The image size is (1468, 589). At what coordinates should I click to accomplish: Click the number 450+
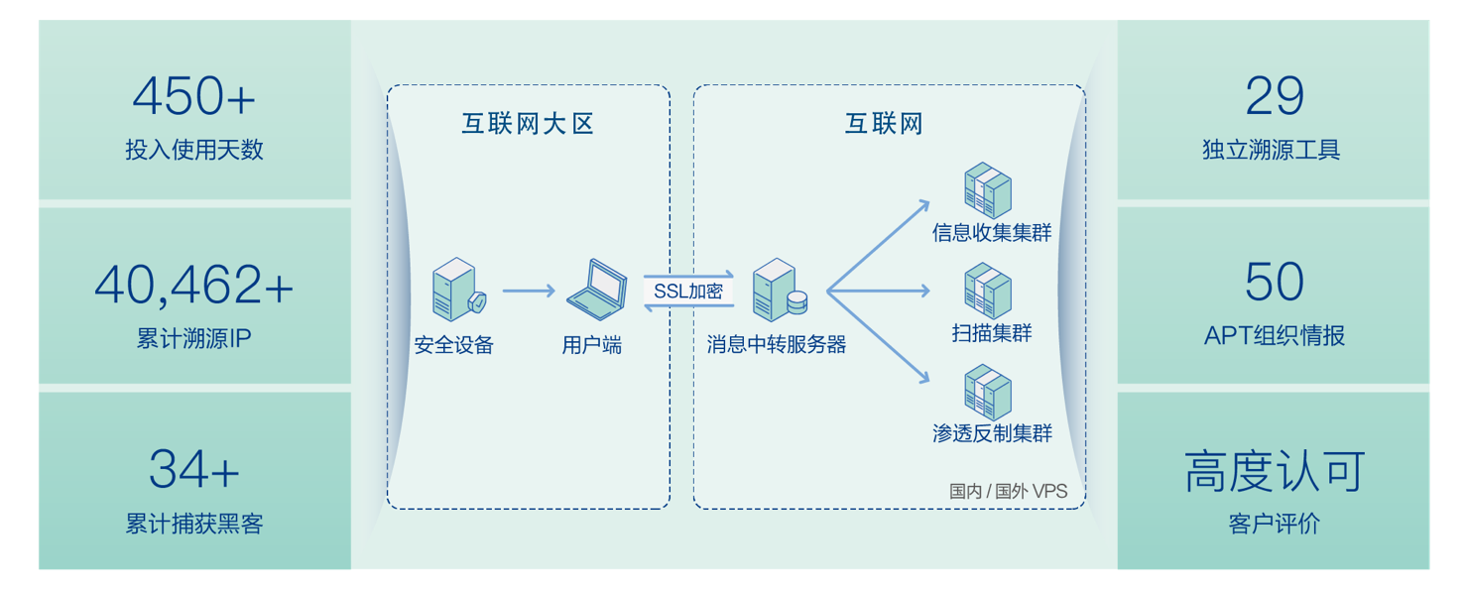[194, 97]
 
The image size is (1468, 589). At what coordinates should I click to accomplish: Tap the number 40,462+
[194, 285]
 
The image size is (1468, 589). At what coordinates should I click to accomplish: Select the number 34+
[194, 469]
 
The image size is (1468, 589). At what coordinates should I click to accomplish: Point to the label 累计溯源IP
[194, 338]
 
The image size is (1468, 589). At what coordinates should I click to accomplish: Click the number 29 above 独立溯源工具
[1274, 97]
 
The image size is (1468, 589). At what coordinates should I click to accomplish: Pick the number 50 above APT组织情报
[1274, 283]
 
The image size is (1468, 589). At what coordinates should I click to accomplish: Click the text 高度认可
[1274, 472]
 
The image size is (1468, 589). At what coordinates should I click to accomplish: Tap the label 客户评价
[1274, 524]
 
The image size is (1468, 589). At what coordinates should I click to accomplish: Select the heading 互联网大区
[528, 124]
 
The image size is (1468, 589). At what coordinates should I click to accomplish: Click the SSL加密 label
[688, 292]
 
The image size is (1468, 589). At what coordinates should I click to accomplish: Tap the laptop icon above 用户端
[596, 288]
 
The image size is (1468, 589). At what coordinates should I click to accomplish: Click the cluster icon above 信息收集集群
[988, 191]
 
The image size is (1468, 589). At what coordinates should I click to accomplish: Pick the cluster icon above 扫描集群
[988, 291]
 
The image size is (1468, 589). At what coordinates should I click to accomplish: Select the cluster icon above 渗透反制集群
[988, 393]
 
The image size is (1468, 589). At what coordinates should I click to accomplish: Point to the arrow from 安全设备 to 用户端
[529, 291]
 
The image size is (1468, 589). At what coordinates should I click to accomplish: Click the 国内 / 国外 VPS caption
[1008, 491]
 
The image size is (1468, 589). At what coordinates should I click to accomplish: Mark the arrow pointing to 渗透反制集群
[879, 337]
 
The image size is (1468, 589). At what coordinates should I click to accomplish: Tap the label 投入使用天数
[194, 150]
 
